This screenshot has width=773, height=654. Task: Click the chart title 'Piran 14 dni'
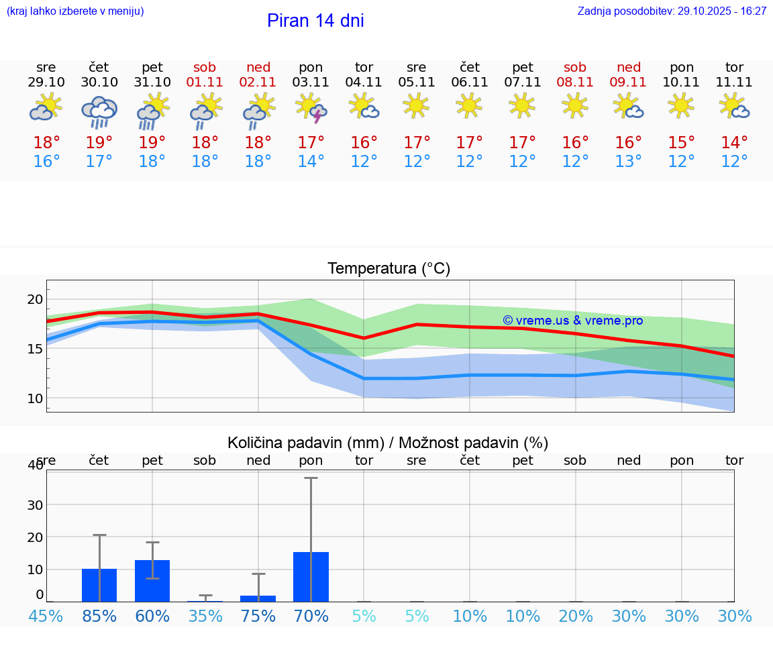coord(315,21)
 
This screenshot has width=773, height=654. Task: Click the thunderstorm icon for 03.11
coord(311,108)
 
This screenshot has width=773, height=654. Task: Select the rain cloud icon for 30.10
coord(99,111)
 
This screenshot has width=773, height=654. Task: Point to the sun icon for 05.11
coord(417,105)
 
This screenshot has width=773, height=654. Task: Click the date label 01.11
coord(205,83)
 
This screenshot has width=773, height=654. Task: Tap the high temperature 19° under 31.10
coord(152,143)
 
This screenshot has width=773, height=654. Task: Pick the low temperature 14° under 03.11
coord(311,162)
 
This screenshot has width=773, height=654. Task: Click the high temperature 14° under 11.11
coord(735,143)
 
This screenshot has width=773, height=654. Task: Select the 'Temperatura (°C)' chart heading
coord(389,269)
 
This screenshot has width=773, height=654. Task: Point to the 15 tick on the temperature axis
coord(34,349)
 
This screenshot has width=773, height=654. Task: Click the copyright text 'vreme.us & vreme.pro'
coord(572,321)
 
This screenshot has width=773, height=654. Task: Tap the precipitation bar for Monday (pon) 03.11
coord(311,577)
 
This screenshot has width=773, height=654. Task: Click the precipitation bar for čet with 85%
coord(99,585)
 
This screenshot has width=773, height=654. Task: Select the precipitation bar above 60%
coord(152,581)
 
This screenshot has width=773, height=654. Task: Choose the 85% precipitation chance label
coord(99,616)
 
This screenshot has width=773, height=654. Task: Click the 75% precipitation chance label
coord(258,616)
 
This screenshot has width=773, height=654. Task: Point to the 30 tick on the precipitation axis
coord(34,504)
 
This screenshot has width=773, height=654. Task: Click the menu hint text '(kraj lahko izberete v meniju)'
coord(75,11)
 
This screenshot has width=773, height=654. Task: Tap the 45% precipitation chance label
coord(46,616)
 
